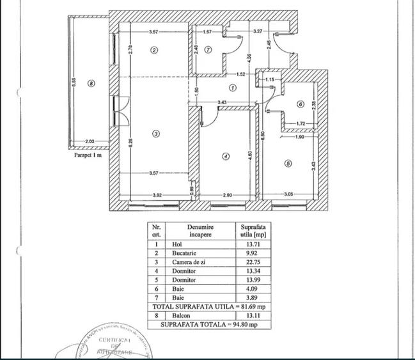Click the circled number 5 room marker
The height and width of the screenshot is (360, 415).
coord(288,164)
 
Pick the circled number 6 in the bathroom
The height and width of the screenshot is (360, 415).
coord(300,105)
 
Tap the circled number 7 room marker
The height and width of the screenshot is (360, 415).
coord(208,50)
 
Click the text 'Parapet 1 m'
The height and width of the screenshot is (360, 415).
coord(86,154)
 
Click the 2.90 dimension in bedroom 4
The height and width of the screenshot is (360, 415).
coord(228,195)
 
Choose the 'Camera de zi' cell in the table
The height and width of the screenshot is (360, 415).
coord(185,262)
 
